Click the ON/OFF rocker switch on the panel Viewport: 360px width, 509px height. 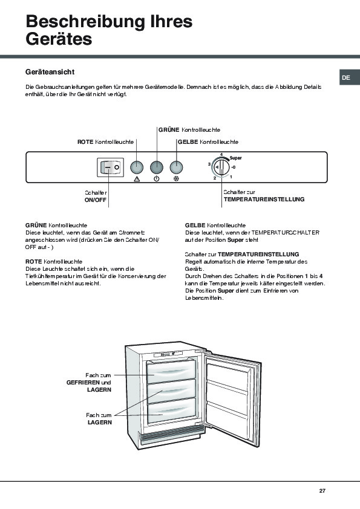tap(111, 167)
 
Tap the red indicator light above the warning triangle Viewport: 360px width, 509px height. tap(137, 167)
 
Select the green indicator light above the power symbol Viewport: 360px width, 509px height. tap(157, 167)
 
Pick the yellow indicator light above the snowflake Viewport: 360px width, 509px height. tap(177, 167)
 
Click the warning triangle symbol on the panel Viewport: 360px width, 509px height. tap(137, 179)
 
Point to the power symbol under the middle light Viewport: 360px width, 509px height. tap(157, 179)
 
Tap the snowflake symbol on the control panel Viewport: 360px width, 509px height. tap(177, 179)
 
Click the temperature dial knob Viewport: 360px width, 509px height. tap(221, 167)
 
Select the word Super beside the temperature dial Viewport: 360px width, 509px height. tap(235, 158)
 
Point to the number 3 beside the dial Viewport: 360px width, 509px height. tap(209, 164)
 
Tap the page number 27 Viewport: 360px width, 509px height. tap(322, 491)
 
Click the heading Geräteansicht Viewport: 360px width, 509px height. tap(50, 72)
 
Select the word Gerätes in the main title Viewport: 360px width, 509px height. tap(59, 39)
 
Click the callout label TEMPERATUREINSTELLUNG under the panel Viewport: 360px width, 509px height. tap(264, 199)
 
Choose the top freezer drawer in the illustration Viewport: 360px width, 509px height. tap(172, 371)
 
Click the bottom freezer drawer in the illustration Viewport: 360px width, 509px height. tap(172, 410)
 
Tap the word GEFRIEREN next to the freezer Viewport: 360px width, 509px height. tap(83, 383)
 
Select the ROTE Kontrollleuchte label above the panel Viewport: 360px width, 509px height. tap(106, 142)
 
